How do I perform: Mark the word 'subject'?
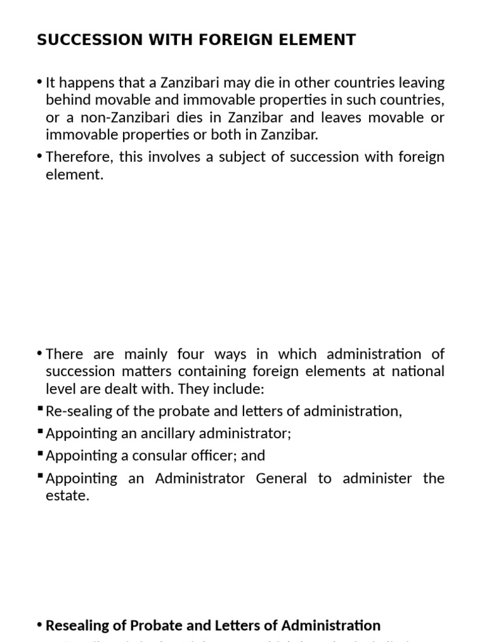pyautogui.click(x=229, y=157)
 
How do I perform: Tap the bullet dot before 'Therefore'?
pyautogui.click(x=40, y=157)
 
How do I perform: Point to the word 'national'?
pyautogui.click(x=418, y=372)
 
